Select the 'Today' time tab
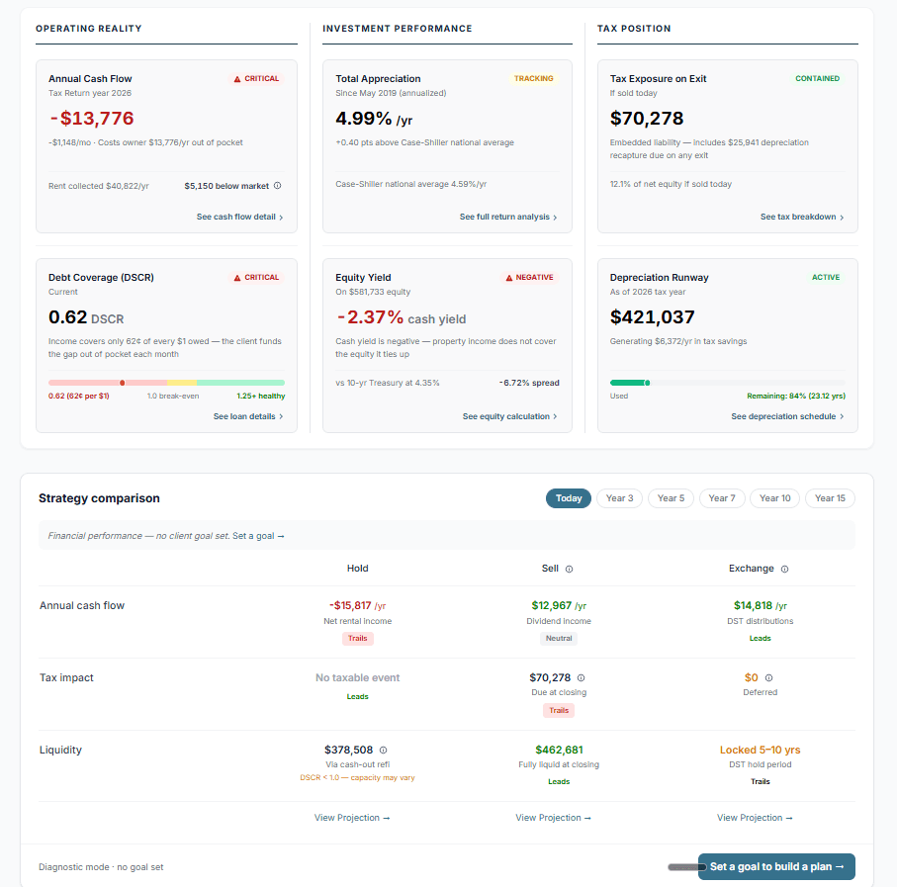click(x=569, y=498)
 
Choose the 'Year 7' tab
click(x=722, y=498)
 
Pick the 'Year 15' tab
click(x=830, y=498)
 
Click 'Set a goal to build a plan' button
click(x=776, y=866)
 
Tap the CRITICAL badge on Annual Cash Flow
click(x=256, y=78)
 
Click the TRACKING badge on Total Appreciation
click(x=534, y=78)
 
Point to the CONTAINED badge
click(x=817, y=78)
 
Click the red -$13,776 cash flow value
click(x=91, y=119)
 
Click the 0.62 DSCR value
click(x=68, y=317)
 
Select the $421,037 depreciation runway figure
click(x=652, y=317)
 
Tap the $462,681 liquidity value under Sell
click(x=559, y=750)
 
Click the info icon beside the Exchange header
click(x=784, y=570)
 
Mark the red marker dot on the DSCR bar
click(x=122, y=382)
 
